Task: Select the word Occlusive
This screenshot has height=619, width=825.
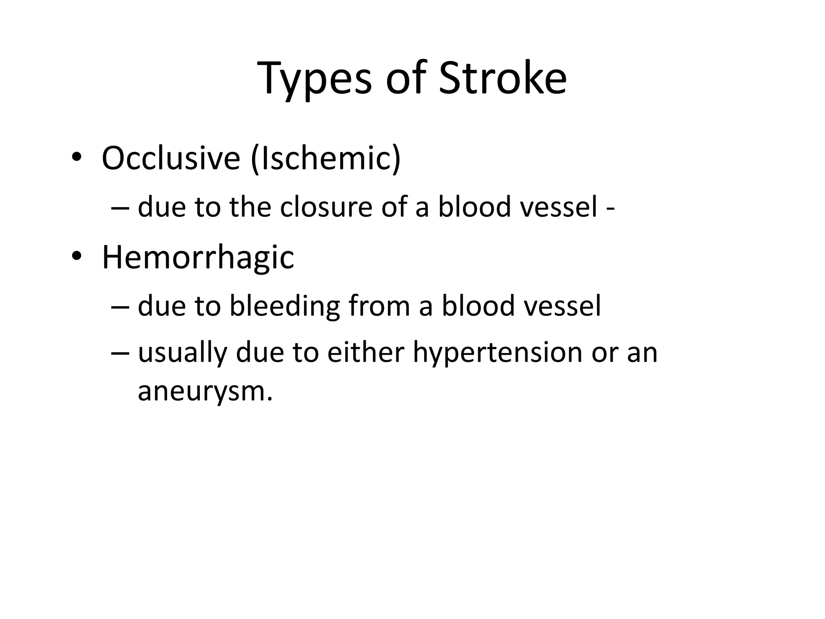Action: (171, 158)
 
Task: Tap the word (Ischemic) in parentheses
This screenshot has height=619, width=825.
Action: (325, 159)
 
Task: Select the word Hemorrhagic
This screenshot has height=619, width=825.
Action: (198, 258)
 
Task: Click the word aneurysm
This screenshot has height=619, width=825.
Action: (205, 391)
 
